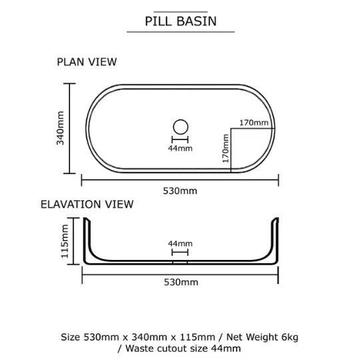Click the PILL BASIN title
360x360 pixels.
(x=181, y=21)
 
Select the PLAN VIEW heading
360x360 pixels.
(x=87, y=62)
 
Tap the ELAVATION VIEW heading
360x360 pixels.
(x=87, y=205)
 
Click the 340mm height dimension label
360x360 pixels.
(x=60, y=128)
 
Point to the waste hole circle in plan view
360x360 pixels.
(x=181, y=127)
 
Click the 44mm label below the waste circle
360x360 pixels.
(x=180, y=148)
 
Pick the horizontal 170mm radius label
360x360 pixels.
(x=254, y=123)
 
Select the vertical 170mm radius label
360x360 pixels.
(x=226, y=149)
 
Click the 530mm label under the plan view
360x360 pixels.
(x=180, y=191)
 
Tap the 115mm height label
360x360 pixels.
(x=65, y=241)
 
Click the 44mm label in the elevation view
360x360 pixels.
(x=180, y=243)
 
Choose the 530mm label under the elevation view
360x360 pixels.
(x=181, y=282)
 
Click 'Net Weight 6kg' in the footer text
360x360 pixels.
(x=262, y=337)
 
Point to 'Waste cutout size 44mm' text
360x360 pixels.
(x=183, y=349)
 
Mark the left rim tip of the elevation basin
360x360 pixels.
(x=85, y=219)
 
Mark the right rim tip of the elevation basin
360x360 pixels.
(x=277, y=219)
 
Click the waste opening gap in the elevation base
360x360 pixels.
(x=180, y=263)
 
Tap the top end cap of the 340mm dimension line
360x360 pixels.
(x=69, y=83)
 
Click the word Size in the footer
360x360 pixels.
(x=70, y=337)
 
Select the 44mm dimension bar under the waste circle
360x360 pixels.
(x=180, y=139)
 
